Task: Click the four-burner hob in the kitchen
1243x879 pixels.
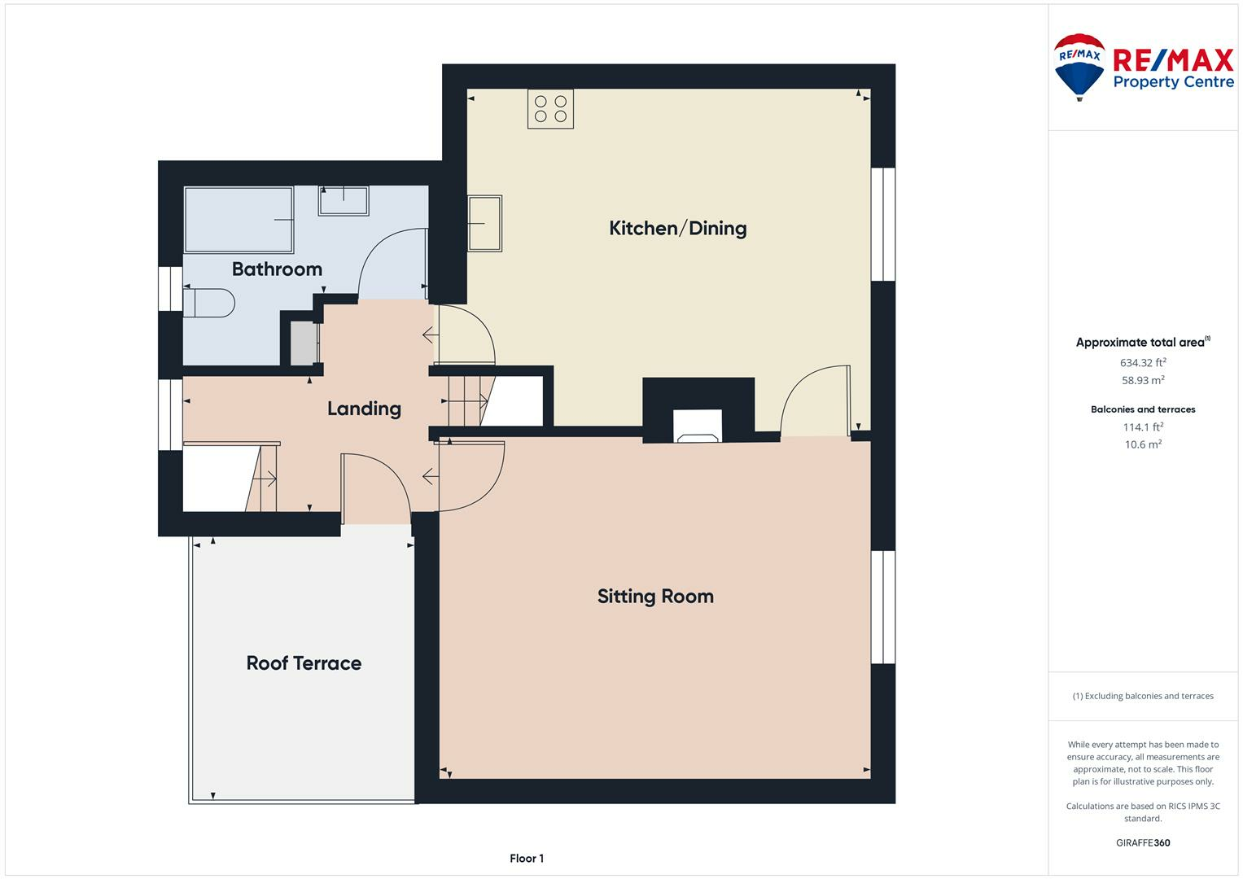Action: (550, 109)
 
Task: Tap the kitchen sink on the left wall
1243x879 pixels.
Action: (484, 223)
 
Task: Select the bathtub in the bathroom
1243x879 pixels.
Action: (239, 220)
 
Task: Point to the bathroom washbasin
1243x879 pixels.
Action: (343, 200)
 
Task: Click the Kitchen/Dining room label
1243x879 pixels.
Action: (677, 228)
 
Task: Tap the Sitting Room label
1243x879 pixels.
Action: (655, 596)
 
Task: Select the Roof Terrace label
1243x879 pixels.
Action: (304, 663)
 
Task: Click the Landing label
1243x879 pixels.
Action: (364, 409)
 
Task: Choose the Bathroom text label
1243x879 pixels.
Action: (277, 269)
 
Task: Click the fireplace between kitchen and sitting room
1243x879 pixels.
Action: (698, 426)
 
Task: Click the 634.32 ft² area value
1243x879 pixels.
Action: (1143, 363)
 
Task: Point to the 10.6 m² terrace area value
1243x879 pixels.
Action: (1143, 444)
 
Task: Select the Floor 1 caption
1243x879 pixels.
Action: (527, 858)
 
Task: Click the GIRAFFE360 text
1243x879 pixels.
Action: (1143, 842)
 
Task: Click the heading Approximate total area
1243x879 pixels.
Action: (1141, 343)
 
